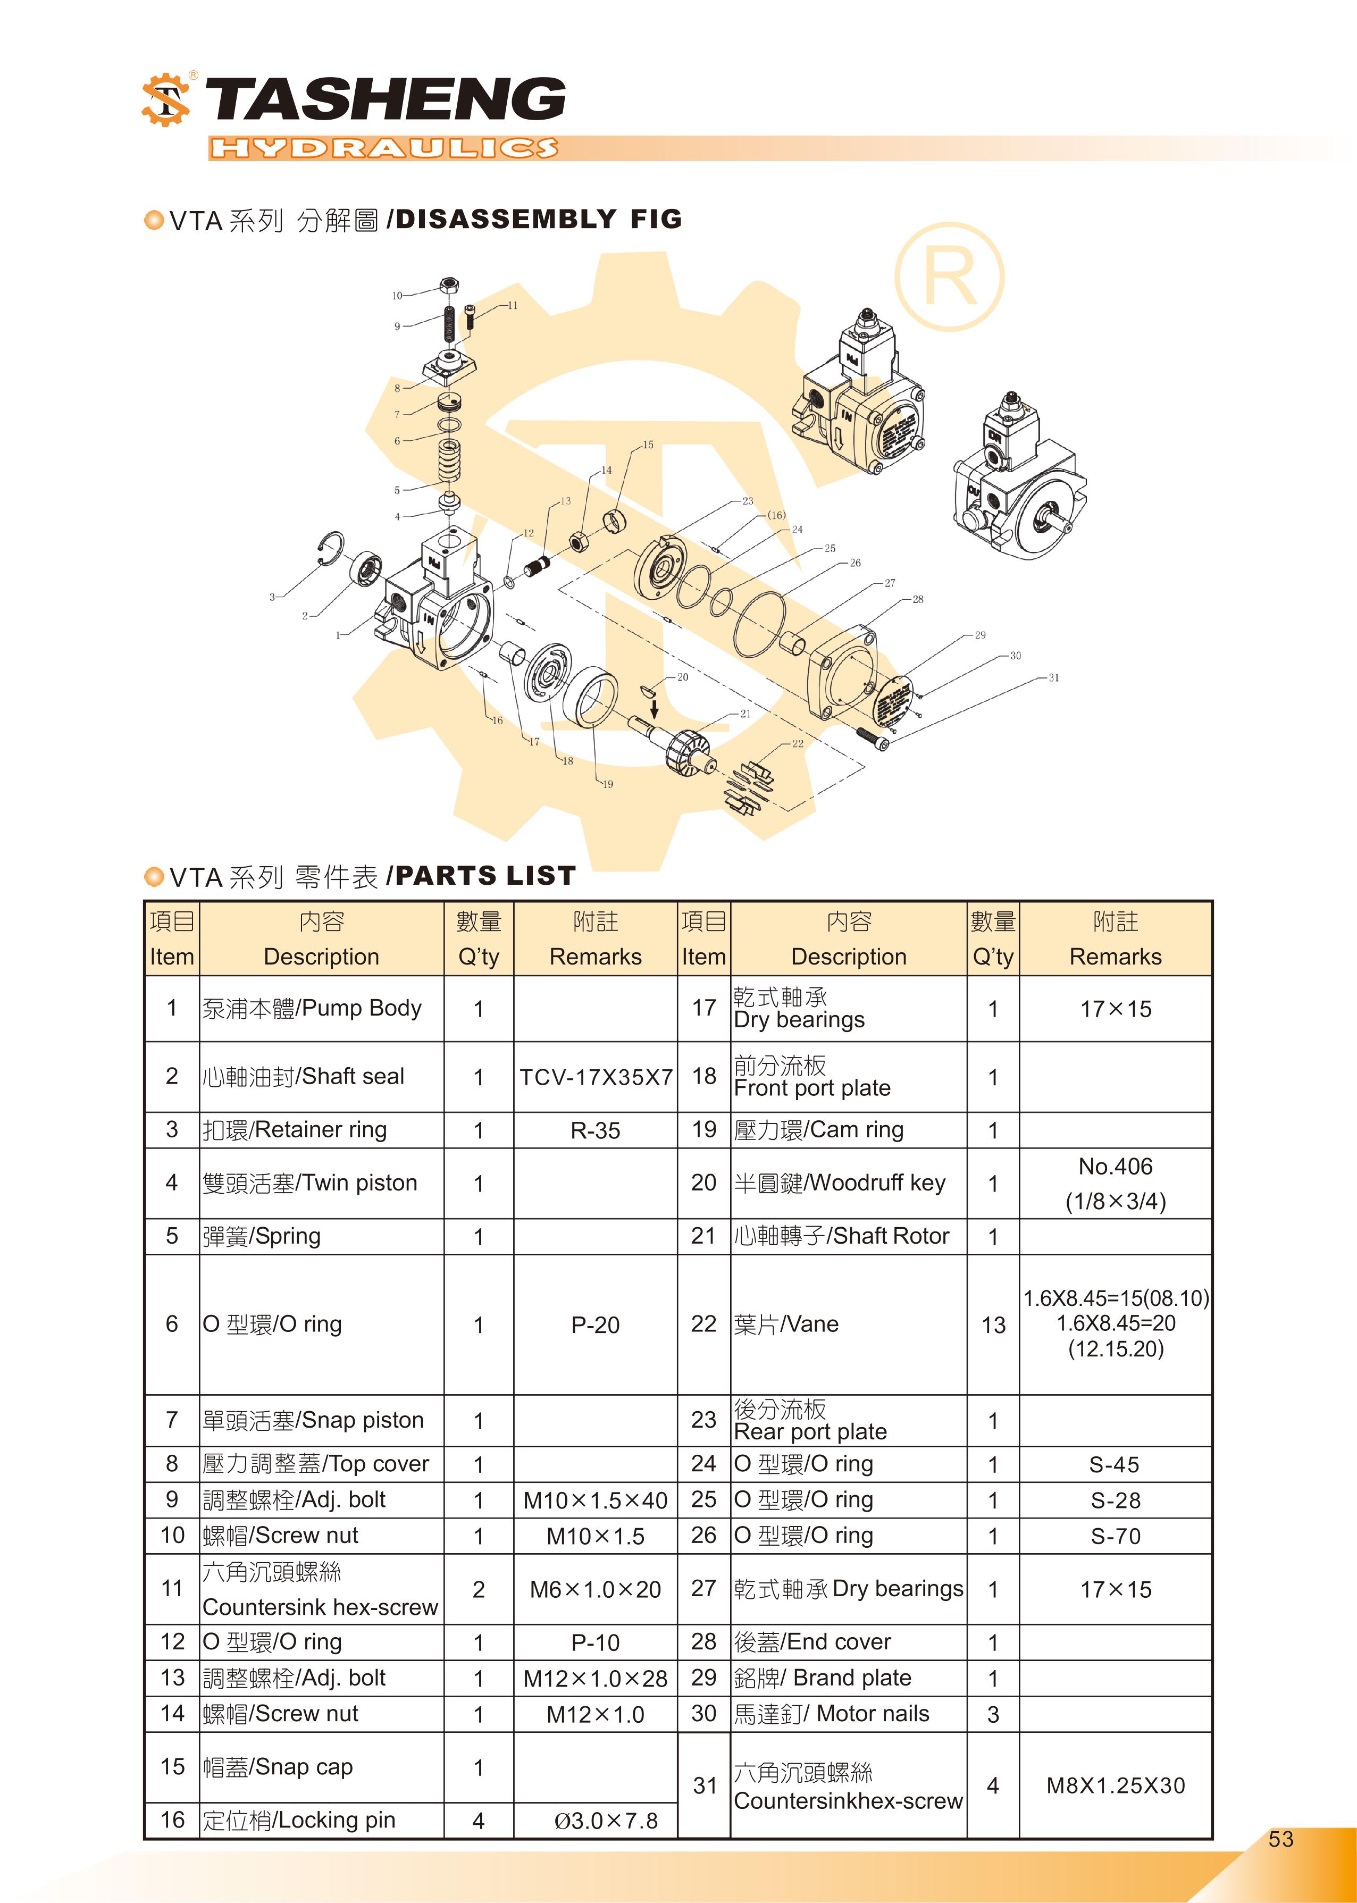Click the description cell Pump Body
tap(312, 1008)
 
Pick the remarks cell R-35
tap(595, 1130)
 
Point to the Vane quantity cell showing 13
tap(993, 1325)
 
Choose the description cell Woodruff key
tap(839, 1183)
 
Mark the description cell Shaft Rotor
tap(841, 1236)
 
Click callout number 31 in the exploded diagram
tap(1054, 677)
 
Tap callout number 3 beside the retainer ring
tap(272, 597)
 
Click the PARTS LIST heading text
tap(484, 876)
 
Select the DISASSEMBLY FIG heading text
tap(539, 219)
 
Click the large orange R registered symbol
tap(949, 276)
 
